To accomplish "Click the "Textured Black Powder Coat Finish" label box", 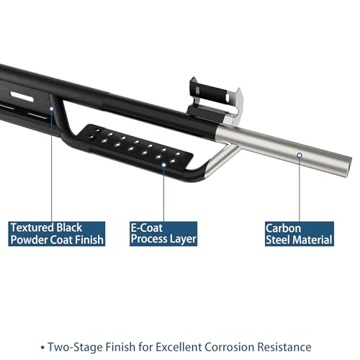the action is point(57,234).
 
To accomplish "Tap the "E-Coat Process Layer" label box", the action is point(163,234).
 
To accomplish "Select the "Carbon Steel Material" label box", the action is point(300,234).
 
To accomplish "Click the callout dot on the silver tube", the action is point(300,156).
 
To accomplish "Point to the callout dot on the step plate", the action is point(163,165).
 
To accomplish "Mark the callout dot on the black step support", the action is point(51,109).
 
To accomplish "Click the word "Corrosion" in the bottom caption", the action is point(230,347).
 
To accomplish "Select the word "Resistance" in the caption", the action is point(284,347).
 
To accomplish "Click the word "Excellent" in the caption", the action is point(179,347).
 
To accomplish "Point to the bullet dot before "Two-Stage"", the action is point(42,348).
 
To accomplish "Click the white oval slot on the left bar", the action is point(22,96).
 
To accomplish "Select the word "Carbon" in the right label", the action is point(283,228).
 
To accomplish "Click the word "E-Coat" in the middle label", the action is point(147,228).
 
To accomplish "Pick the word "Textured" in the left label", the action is point(32,228).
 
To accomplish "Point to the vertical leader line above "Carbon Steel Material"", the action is point(300,189).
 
